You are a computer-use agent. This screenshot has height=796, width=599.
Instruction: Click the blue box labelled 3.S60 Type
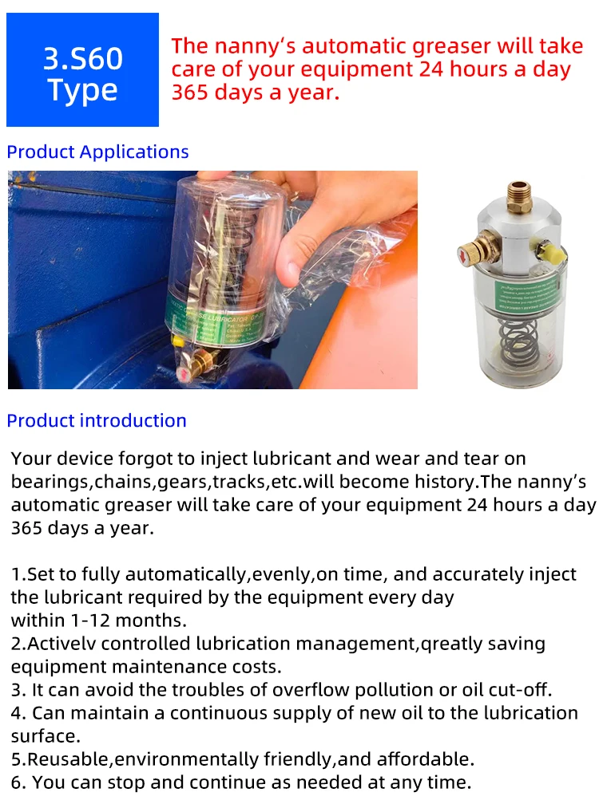pyautogui.click(x=82, y=70)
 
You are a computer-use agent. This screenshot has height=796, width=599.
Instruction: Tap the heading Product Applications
pyautogui.click(x=97, y=152)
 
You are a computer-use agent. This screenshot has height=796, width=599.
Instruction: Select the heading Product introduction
pyautogui.click(x=97, y=420)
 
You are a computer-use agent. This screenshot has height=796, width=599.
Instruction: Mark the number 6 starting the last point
pyautogui.click(x=16, y=781)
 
